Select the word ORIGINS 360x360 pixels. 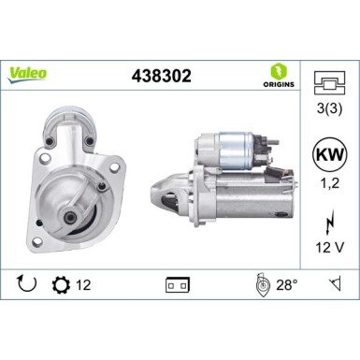coord(280,85)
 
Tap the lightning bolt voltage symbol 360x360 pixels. coord(326,223)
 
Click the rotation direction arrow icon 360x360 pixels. coord(25,281)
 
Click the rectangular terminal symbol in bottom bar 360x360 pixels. coord(178,281)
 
